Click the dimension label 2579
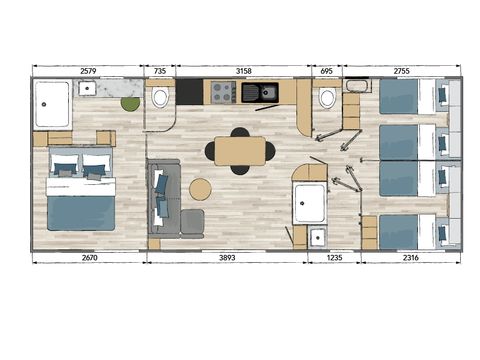coord(89,70)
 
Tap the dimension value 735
coord(160,70)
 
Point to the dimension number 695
coord(325,70)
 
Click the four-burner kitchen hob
coord(222,93)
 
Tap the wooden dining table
coord(240,151)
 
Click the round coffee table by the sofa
coord(201,189)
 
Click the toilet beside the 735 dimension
coord(160,97)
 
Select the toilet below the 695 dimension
coord(326,98)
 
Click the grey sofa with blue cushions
coord(162,196)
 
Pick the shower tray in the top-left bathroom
coord(52,103)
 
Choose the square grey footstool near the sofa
coord(191,221)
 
